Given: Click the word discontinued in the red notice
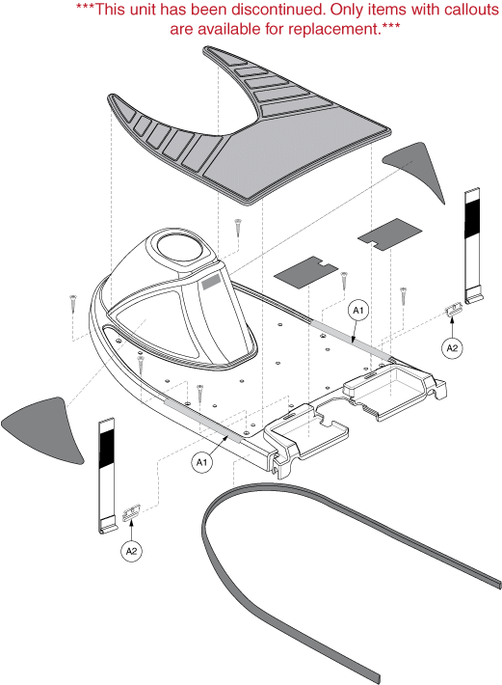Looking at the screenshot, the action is click(277, 10).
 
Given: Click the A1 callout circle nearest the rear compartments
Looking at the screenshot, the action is click(357, 310).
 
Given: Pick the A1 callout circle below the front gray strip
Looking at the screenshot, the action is click(201, 462).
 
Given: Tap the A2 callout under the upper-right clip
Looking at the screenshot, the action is click(452, 348).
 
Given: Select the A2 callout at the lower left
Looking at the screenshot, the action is click(131, 551).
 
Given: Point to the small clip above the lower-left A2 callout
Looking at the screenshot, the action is click(131, 512).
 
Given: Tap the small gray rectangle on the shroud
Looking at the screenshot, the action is click(212, 283).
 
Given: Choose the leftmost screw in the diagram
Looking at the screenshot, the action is click(72, 303).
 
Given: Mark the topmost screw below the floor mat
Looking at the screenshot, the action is click(238, 228).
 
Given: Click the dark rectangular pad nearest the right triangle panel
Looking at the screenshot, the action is click(389, 234).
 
